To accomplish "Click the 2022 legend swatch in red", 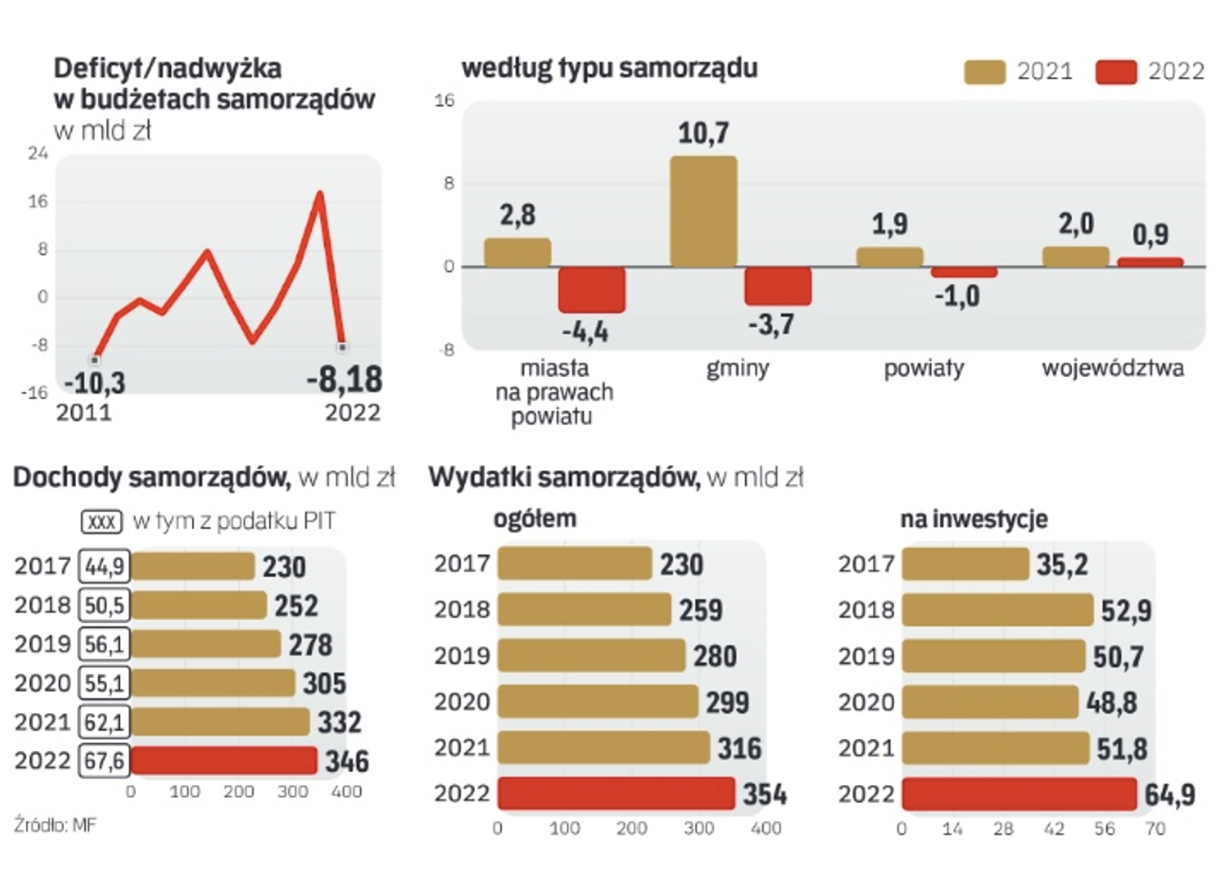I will (x=1116, y=72).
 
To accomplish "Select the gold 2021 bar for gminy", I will (x=703, y=211).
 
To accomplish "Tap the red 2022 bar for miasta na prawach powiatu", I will (x=591, y=289).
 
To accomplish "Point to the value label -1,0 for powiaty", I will (x=957, y=296).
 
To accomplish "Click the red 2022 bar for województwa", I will (x=1150, y=261).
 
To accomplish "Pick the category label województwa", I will (x=1113, y=368).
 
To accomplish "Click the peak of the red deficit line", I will (x=320, y=193).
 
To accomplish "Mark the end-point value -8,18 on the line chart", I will (x=344, y=380).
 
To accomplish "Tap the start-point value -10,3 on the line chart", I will (x=95, y=382).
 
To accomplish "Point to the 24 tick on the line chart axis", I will (x=38, y=153).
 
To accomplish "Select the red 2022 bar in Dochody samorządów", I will (x=224, y=761).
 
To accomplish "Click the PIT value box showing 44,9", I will (x=104, y=566).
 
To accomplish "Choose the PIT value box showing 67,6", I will (x=104, y=761).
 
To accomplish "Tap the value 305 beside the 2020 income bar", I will (x=324, y=683).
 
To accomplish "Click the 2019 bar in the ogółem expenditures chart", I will (x=591, y=655).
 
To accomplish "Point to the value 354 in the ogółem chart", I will (x=764, y=794).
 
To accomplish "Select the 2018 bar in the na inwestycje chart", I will (x=997, y=610).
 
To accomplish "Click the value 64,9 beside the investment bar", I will (x=1169, y=795).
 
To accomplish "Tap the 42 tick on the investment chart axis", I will (x=1054, y=829).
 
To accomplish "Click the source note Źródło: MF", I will (x=54, y=825).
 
